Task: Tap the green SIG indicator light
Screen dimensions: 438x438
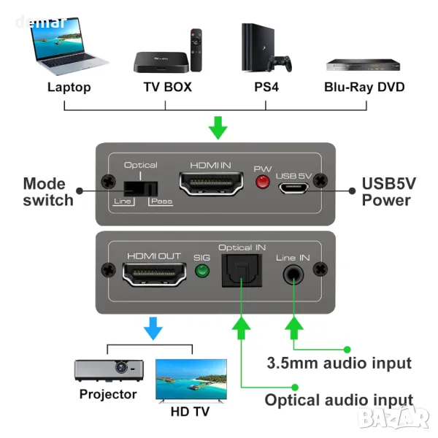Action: tap(202, 273)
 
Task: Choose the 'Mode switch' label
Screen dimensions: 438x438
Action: tap(48, 191)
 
